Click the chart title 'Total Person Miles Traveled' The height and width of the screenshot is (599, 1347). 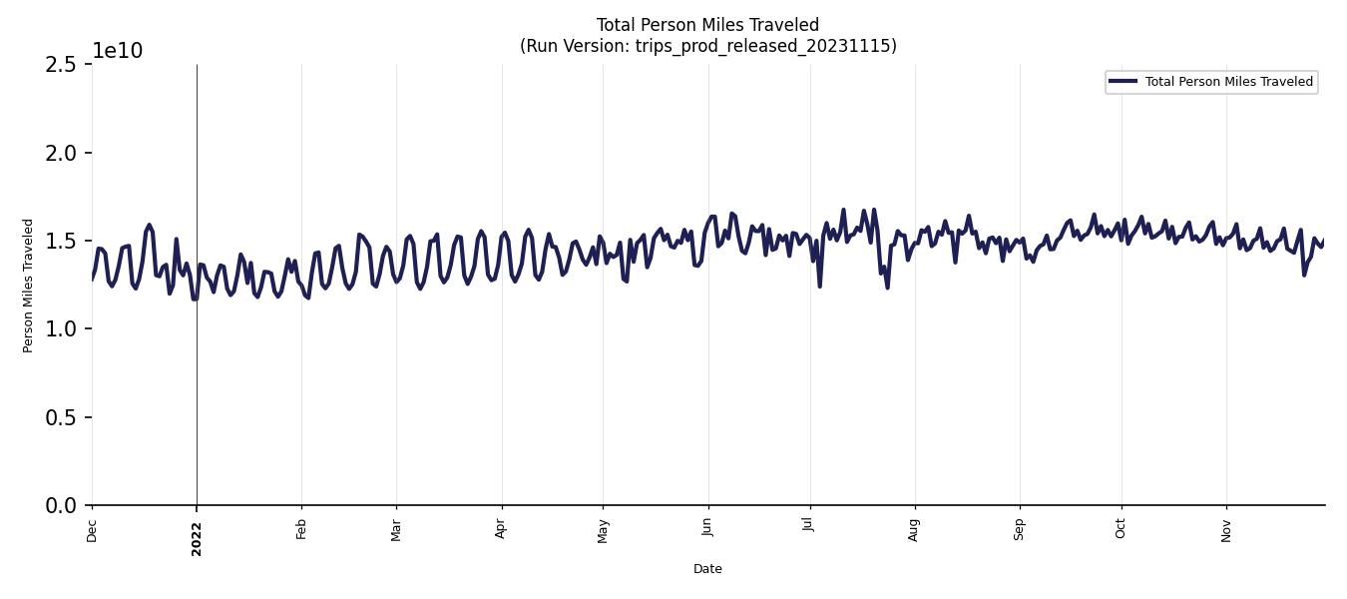[x=707, y=25]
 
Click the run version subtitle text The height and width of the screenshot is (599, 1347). [x=707, y=46]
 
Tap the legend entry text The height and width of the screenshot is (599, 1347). [x=1228, y=82]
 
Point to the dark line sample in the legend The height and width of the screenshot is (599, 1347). [x=1122, y=81]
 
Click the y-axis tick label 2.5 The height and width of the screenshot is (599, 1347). [x=60, y=65]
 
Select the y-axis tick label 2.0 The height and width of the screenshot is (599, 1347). [x=60, y=153]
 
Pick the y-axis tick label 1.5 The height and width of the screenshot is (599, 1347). [x=60, y=241]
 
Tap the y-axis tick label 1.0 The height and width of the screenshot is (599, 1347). [x=60, y=329]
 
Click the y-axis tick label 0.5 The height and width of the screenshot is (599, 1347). [x=60, y=417]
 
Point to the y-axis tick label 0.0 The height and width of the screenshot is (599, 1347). [x=60, y=506]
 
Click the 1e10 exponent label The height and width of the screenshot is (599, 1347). [x=118, y=51]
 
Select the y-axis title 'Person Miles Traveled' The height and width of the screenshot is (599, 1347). [x=28, y=286]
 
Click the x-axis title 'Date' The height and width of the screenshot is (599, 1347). [x=707, y=569]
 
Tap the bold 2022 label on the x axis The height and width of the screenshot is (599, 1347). [x=197, y=538]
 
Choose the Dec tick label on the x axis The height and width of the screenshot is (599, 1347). [x=92, y=531]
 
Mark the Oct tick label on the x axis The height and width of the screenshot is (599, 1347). [x=1121, y=529]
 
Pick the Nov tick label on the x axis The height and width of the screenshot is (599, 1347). [x=1226, y=530]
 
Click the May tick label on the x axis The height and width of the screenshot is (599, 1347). [x=603, y=531]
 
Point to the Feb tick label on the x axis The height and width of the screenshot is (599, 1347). [x=301, y=529]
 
